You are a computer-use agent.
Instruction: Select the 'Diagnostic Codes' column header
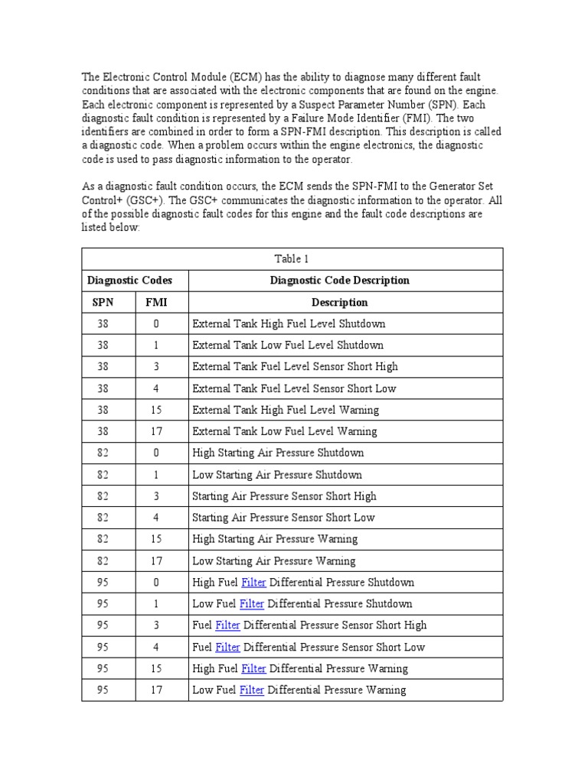[129, 280]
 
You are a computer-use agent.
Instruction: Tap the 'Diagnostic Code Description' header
[339, 280]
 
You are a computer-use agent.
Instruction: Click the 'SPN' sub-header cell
[103, 302]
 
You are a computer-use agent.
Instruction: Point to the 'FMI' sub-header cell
[156, 302]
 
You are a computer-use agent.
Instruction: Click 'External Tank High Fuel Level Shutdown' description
[289, 323]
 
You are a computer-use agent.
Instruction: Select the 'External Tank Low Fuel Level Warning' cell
[286, 431]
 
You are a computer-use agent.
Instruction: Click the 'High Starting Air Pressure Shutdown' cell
[279, 453]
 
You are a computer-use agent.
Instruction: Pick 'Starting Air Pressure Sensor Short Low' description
[283, 518]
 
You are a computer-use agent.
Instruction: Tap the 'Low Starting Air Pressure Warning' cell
[274, 560]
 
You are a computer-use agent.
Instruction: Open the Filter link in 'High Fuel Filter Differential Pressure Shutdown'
[253, 582]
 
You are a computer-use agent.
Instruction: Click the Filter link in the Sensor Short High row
[227, 625]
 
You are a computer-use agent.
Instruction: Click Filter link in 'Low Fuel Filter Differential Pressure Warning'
[252, 690]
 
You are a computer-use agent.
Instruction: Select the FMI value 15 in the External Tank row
[156, 410]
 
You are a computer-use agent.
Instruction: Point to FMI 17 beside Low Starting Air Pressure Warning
[156, 560]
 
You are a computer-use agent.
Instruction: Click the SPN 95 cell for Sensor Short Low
[103, 647]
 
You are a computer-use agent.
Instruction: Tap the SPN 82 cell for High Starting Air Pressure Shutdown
[103, 453]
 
